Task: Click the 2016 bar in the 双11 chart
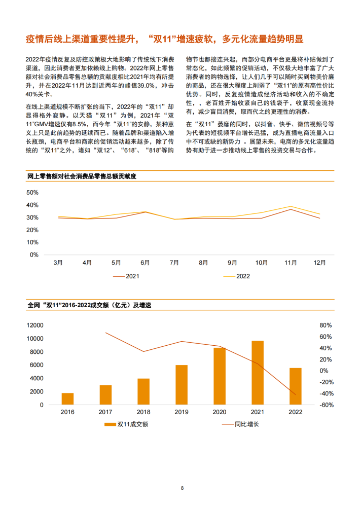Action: (67, 399)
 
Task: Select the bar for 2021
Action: (258, 373)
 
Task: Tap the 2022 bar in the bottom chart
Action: (296, 386)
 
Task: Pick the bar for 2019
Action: (182, 385)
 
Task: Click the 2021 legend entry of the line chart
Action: (126, 276)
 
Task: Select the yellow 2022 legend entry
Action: (237, 276)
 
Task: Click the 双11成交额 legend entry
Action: (126, 424)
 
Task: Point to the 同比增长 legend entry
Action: (240, 424)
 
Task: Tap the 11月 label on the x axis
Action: (291, 263)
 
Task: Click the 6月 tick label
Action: (145, 263)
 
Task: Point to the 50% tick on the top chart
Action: (32, 193)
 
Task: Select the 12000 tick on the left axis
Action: (35, 325)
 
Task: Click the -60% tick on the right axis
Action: (326, 405)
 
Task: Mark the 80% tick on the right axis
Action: (326, 325)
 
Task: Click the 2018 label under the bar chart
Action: (143, 412)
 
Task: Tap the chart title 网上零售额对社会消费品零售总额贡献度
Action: (82, 176)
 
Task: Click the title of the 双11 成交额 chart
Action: (89, 305)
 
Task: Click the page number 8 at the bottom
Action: (182, 488)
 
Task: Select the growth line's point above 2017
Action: (105, 333)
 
